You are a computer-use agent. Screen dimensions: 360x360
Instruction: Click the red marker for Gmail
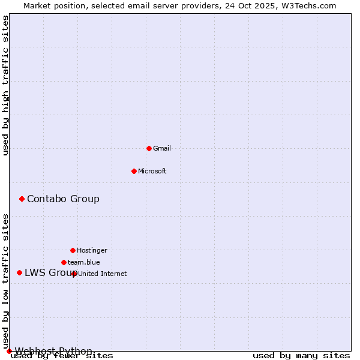coord(149,148)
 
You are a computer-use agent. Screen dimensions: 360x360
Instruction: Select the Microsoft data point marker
coord(134,171)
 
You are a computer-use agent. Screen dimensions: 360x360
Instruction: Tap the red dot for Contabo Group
coord(22,199)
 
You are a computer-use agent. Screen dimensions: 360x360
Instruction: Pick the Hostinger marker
coord(73,250)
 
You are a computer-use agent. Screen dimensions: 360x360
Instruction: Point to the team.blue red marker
coord(64,262)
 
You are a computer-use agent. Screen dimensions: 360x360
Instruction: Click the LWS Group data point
coord(19,272)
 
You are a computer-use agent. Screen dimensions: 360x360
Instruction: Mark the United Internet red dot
coord(74,274)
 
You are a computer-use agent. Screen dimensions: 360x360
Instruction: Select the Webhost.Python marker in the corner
coord(9,351)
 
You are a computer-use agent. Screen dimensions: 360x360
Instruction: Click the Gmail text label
coord(162,148)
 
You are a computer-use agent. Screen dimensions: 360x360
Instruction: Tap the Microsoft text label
coord(152,171)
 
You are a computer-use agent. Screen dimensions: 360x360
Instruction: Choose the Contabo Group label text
coord(63,199)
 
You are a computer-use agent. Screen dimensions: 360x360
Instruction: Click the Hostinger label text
coord(92,250)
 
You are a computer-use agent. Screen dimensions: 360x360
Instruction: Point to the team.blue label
coord(84,262)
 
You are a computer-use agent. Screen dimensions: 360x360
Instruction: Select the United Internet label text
coord(103,274)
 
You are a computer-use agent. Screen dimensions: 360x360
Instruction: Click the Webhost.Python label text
coord(53,350)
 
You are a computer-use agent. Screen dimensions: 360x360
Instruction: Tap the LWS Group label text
coord(48,272)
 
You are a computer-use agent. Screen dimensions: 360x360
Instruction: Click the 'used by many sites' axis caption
coord(301,356)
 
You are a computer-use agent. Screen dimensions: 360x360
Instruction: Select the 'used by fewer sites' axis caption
coord(62,356)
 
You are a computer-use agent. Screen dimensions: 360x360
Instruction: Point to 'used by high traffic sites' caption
coord(6,86)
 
